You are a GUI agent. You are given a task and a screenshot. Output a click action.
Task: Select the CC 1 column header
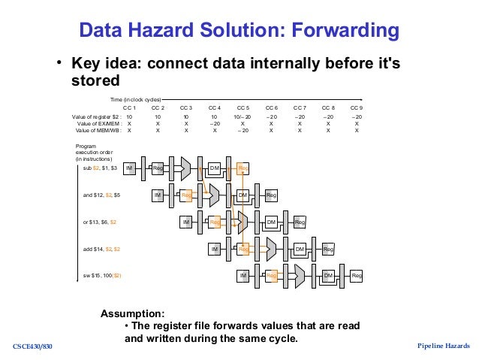(129, 108)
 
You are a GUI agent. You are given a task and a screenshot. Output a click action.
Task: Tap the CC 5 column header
(243, 108)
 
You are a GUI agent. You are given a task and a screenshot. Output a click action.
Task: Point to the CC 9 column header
(357, 108)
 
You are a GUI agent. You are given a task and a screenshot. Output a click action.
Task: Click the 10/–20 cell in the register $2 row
(243, 117)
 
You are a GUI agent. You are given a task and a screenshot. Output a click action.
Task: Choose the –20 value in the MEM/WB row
(243, 131)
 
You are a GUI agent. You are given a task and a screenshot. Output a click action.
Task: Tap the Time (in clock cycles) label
(134, 99)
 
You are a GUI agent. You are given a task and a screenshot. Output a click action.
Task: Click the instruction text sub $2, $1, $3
(100, 169)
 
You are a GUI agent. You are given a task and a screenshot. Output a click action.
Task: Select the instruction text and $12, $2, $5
(101, 195)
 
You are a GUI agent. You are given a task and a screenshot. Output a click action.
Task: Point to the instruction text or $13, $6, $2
(99, 222)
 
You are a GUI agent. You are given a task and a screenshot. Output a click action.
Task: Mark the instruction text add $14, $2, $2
(101, 249)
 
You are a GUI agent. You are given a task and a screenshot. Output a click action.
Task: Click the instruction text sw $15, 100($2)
(102, 276)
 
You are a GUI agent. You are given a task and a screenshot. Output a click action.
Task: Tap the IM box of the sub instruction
(129, 169)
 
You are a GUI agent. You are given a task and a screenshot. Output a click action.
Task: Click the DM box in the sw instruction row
(328, 276)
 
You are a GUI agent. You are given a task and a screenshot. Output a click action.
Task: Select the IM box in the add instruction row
(215, 249)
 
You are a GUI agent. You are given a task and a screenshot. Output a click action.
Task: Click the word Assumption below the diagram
(133, 313)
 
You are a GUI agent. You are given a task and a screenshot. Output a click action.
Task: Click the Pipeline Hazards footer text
(443, 346)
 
